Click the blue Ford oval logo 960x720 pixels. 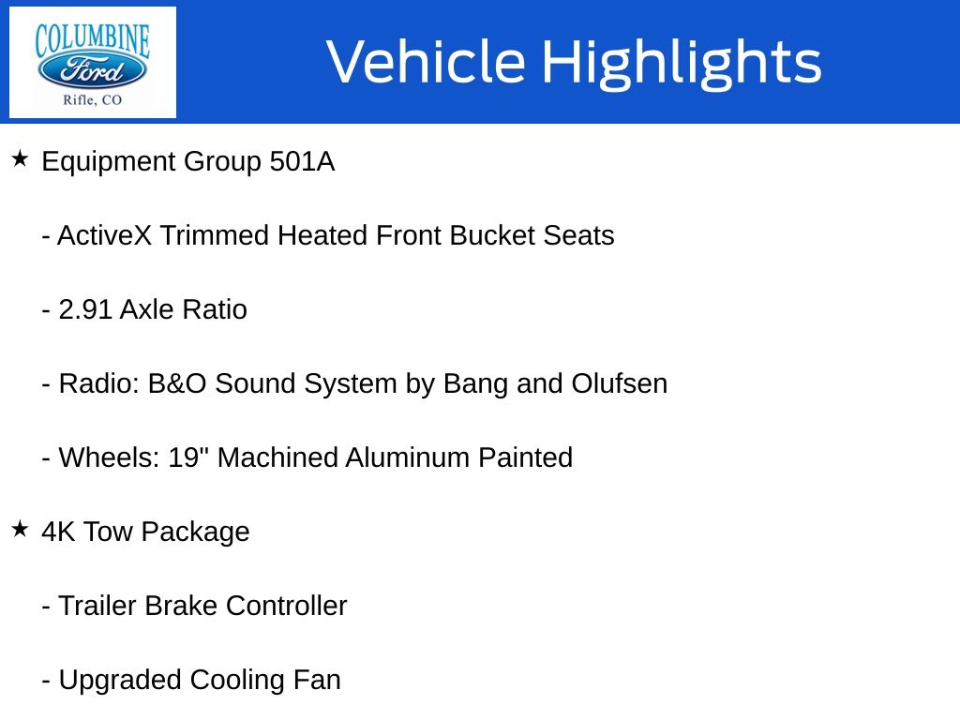pos(93,71)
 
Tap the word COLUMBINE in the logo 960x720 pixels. pos(93,40)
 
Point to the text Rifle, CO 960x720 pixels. pos(93,99)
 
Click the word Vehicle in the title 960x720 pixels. pos(427,61)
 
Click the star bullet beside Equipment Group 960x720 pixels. pos(20,159)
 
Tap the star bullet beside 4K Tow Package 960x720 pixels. pos(20,529)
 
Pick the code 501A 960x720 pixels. pos(302,161)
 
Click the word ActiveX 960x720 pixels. pos(104,235)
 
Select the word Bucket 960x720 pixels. pos(492,235)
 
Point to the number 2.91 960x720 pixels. pos(85,309)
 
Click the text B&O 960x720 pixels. pos(177,383)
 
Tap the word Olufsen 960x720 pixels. pos(619,383)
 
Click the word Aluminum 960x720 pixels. pos(408,457)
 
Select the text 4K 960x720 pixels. pos(58,532)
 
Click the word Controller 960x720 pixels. pos(287,607)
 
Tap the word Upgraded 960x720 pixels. pos(120,681)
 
